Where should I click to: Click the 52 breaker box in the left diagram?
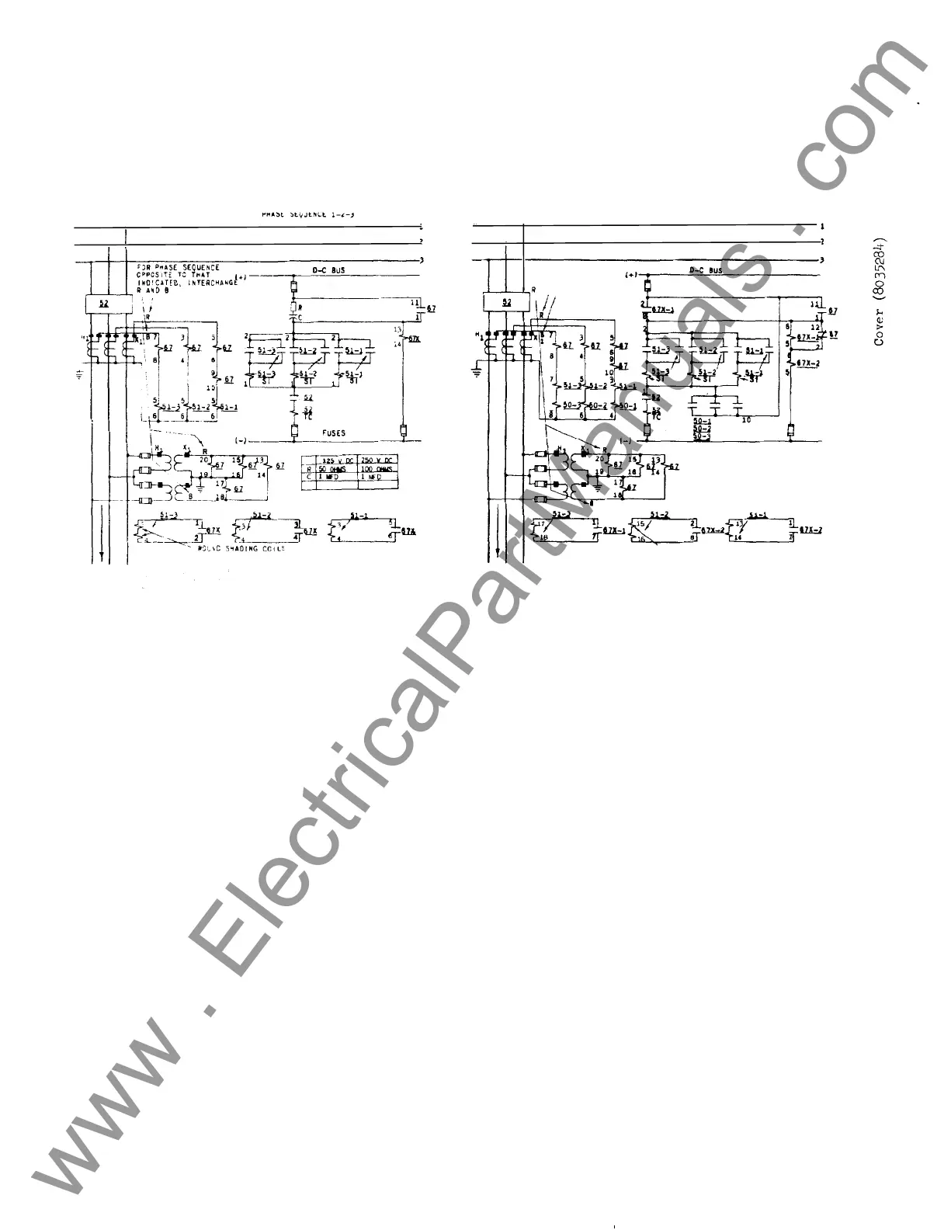pos(103,304)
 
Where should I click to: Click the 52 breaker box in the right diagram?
pos(506,301)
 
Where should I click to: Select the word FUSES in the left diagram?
pos(334,433)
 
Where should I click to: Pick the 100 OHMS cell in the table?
pos(377,469)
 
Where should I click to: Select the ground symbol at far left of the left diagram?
pos(79,376)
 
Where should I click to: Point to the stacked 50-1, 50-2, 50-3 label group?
pos(701,428)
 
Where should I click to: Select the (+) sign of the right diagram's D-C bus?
pos(630,275)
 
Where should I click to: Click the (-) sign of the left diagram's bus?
pos(240,441)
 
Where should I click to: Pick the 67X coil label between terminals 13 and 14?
pos(414,339)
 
